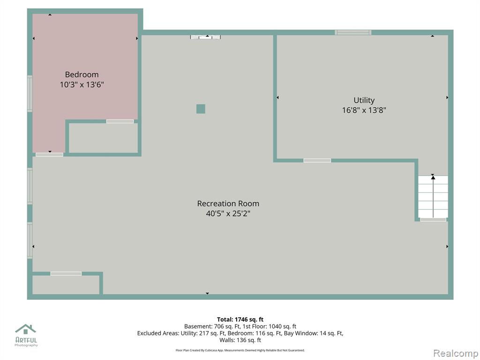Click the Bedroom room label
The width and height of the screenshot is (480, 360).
point(82,75)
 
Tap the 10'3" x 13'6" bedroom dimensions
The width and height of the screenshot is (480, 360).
point(82,84)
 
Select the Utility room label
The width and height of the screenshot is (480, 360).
point(364,100)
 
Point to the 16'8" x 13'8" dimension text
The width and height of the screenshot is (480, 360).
point(364,110)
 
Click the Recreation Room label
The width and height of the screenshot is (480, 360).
point(228,203)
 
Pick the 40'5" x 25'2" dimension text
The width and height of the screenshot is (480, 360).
point(228,214)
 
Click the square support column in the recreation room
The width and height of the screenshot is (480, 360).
point(201,109)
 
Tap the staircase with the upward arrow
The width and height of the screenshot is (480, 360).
point(433,196)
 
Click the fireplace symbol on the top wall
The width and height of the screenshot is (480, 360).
point(205,37)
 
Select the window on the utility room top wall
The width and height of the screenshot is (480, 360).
point(353,32)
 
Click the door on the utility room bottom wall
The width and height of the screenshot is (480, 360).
point(317,160)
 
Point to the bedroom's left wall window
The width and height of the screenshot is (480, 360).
point(30,94)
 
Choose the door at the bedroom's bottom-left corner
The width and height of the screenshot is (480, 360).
point(49,155)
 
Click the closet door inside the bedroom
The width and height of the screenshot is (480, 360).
point(120,121)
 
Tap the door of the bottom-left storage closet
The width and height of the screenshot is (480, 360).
point(66,274)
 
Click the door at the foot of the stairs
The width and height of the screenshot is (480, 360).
point(433,219)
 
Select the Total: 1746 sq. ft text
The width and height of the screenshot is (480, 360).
point(240,320)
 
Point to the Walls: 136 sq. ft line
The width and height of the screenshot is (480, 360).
point(240,340)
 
